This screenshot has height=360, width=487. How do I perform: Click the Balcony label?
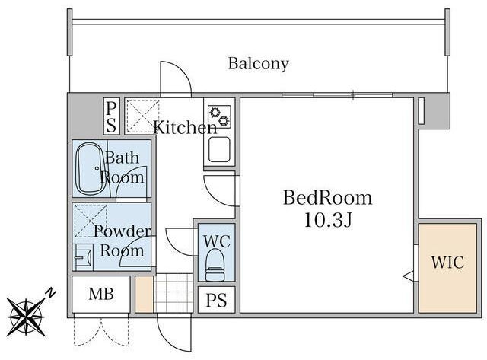(x=259, y=64)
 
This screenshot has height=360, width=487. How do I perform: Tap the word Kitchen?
(x=185, y=127)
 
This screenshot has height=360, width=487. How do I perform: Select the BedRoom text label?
(x=327, y=198)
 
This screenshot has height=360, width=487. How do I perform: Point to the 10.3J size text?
(x=327, y=220)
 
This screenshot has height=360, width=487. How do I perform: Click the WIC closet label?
(x=447, y=263)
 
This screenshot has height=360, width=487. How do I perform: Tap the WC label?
(x=216, y=241)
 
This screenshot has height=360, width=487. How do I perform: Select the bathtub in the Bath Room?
(x=91, y=169)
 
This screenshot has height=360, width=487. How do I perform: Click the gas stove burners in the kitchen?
(x=220, y=116)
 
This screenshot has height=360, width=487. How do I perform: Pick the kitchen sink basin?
(x=219, y=149)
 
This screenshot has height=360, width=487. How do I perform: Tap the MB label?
(x=101, y=294)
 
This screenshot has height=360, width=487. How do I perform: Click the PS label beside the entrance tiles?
(x=216, y=301)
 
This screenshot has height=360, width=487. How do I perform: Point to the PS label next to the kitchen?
(x=111, y=117)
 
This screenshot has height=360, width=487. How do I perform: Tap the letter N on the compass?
(x=51, y=293)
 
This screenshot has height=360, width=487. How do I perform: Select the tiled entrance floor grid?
(x=173, y=293)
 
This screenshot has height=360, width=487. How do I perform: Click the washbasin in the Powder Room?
(x=83, y=257)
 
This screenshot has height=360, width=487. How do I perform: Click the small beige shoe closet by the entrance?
(x=144, y=294)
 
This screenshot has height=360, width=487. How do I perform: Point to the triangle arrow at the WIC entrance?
(x=408, y=276)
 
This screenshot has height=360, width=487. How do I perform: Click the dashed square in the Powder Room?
(x=90, y=220)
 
